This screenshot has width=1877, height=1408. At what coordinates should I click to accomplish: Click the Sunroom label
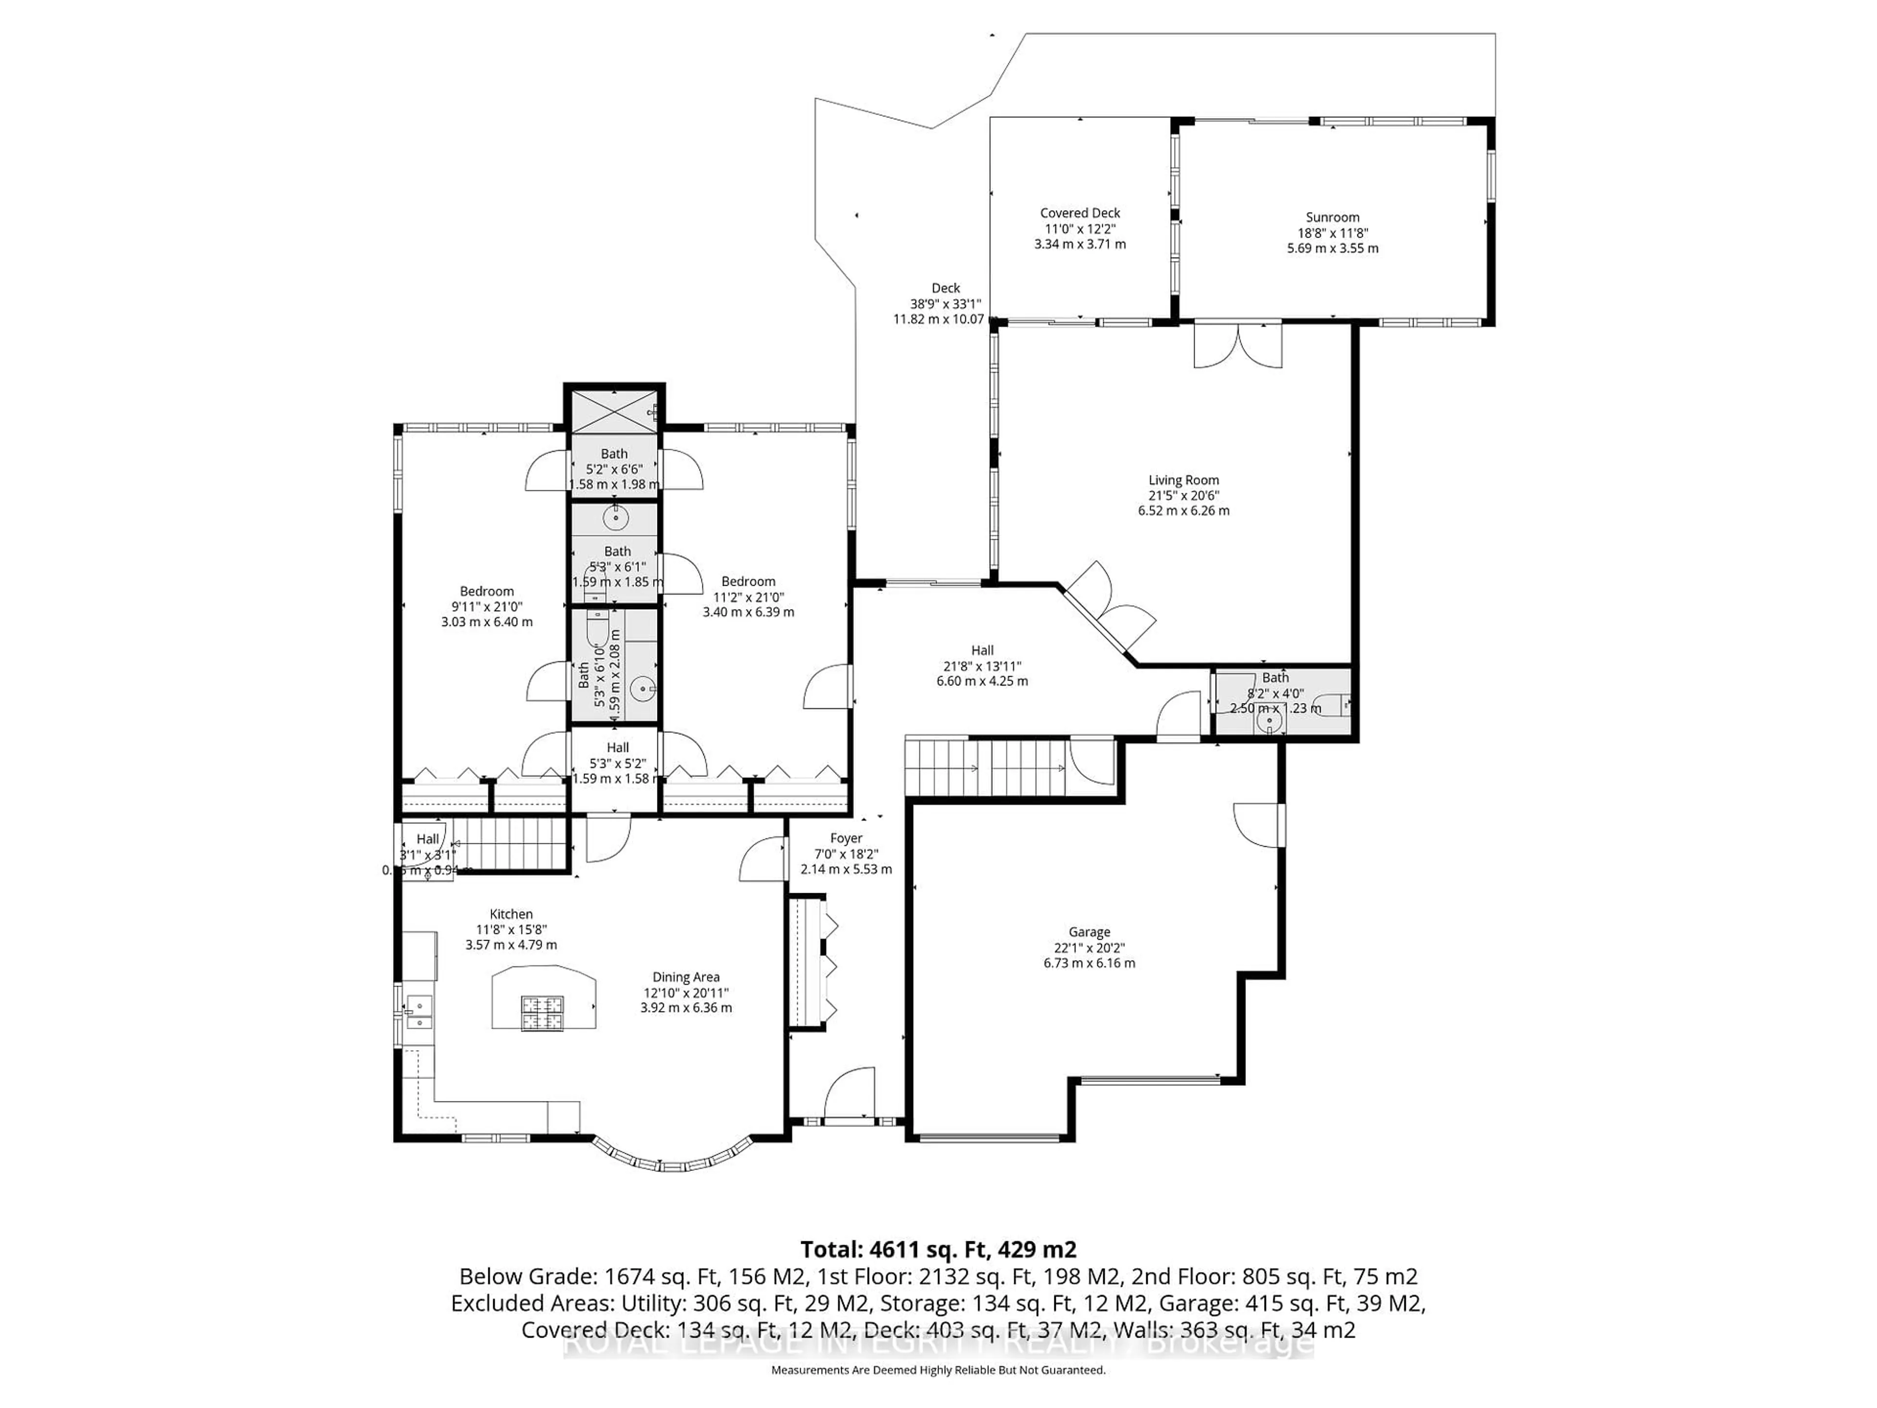[x=1332, y=217]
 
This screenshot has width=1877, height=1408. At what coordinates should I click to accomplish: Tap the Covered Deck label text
[x=1080, y=213]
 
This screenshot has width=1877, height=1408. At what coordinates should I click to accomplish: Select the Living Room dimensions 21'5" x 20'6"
[x=1184, y=496]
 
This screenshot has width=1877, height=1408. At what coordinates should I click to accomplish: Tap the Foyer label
[x=846, y=838]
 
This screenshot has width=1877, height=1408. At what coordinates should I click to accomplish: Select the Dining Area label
[x=686, y=977]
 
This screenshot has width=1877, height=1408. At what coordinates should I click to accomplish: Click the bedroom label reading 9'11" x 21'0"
[x=487, y=607]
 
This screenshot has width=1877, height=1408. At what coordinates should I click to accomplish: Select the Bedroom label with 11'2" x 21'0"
[x=748, y=596]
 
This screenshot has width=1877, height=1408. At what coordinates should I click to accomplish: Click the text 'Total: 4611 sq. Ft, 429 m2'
[x=938, y=1249]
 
